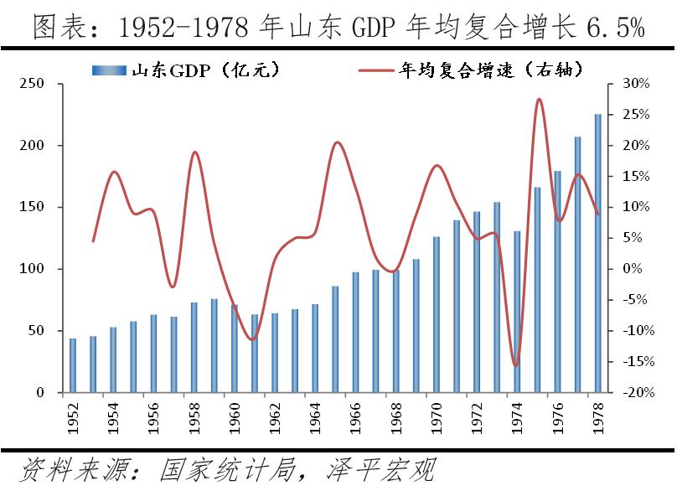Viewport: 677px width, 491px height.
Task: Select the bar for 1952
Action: (x=73, y=365)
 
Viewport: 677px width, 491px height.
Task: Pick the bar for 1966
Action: (x=355, y=332)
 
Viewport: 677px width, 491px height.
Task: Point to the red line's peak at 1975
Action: (x=538, y=100)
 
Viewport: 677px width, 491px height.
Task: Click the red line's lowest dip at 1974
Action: (x=516, y=365)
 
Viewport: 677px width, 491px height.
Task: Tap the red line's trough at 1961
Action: (x=253, y=339)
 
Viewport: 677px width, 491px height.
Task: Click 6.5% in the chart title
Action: (x=615, y=28)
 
